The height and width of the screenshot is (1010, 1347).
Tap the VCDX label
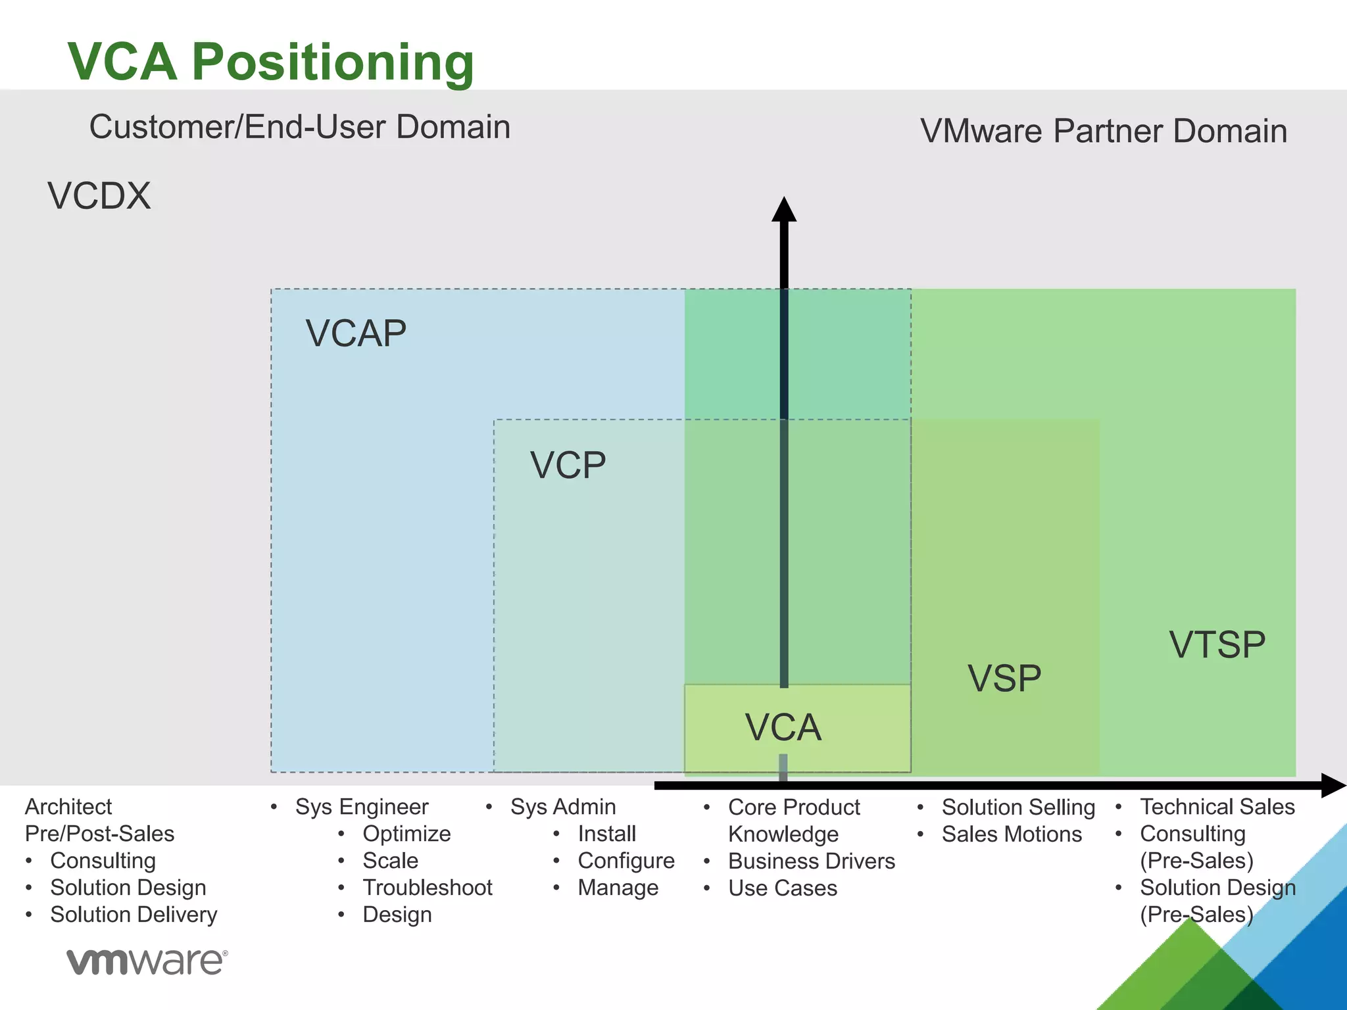point(99,196)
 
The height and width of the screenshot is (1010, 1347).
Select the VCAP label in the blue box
point(356,333)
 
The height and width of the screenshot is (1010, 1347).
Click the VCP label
point(568,465)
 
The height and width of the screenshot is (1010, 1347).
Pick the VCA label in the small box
point(783,727)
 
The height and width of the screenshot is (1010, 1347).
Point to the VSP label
point(1004,678)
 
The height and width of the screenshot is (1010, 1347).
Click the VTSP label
point(1217,644)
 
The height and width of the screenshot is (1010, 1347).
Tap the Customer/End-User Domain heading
point(300,127)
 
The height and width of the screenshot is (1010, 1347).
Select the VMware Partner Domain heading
point(1103,131)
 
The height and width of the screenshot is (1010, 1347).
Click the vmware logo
point(147,961)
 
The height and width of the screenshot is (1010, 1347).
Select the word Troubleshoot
point(428,888)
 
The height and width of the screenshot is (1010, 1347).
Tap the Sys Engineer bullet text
point(362,807)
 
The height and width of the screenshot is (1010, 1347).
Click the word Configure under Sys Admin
point(626,861)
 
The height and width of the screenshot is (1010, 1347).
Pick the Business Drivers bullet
point(812,861)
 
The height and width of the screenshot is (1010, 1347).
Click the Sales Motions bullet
point(1012,834)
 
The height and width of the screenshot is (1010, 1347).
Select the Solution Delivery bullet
point(134,915)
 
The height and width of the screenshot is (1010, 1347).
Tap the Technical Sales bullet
point(1217,807)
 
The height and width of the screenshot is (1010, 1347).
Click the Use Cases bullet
point(783,888)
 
